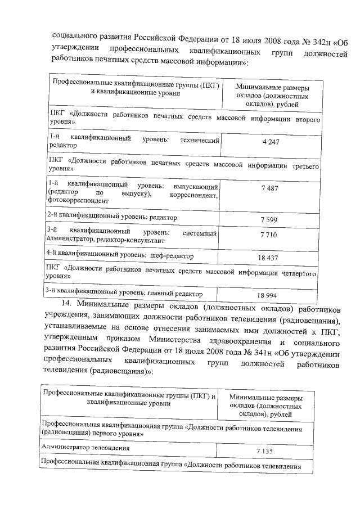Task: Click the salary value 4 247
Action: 271,142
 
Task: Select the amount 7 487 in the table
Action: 270,188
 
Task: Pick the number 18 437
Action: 269,257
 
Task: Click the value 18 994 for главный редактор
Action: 269,295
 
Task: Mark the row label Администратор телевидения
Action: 85,448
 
